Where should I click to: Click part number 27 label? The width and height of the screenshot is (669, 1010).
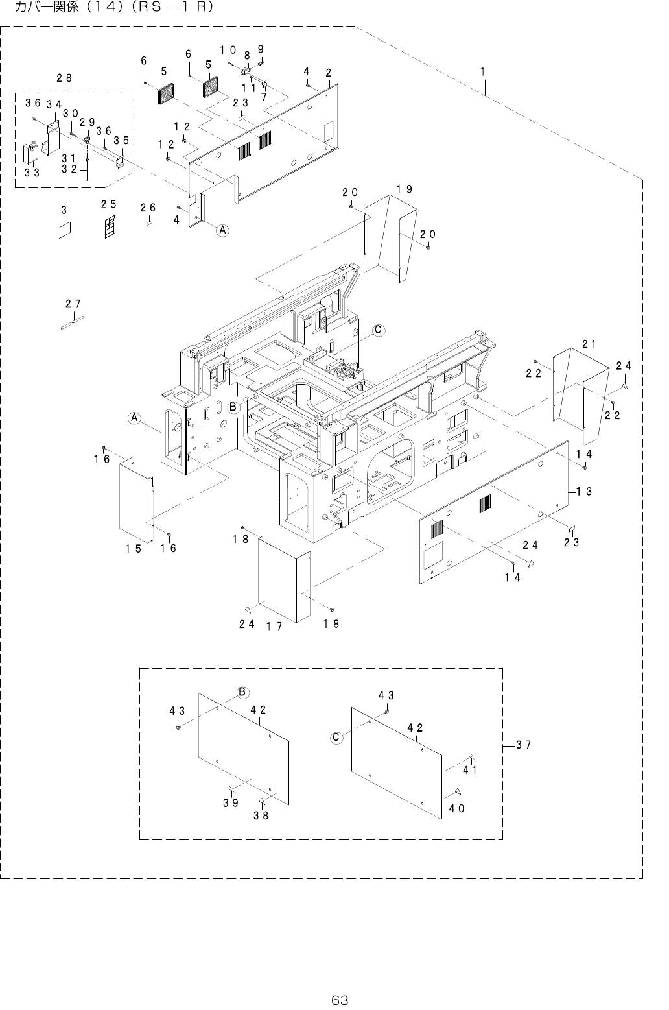click(73, 304)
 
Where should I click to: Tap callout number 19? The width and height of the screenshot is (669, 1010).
click(405, 189)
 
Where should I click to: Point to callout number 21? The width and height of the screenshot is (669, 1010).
click(589, 344)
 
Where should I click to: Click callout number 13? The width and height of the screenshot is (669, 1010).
click(584, 492)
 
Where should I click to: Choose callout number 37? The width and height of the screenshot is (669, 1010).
click(524, 745)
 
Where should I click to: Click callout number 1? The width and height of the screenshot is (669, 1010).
click(483, 71)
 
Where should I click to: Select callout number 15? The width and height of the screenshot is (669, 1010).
click(134, 549)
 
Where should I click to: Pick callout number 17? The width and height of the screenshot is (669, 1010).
click(275, 626)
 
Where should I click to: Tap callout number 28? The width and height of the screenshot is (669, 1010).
click(64, 78)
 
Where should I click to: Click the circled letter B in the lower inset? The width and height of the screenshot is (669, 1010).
click(241, 692)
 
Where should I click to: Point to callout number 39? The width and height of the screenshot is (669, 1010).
click(231, 803)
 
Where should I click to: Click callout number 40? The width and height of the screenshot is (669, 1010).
click(457, 808)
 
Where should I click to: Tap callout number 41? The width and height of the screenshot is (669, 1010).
click(470, 771)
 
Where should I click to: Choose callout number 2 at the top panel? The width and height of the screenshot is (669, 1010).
click(329, 72)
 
